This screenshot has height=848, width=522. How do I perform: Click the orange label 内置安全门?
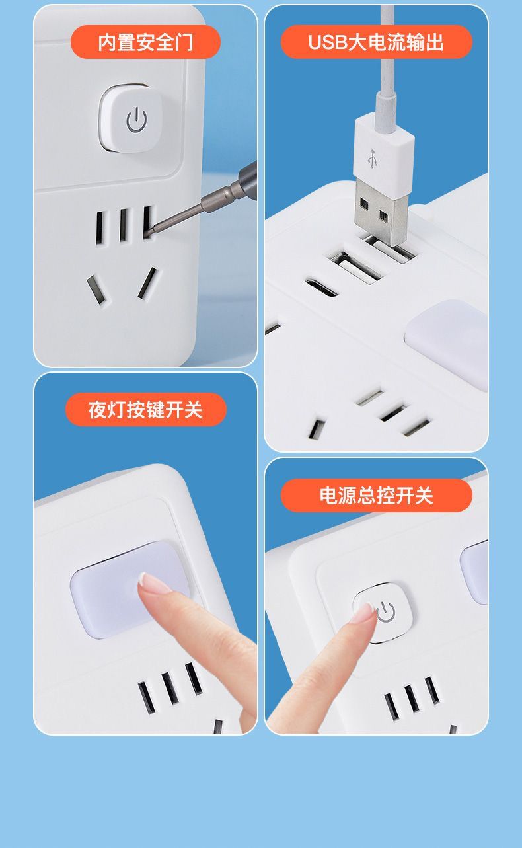coord(145,42)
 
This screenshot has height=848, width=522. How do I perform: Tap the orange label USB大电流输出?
coord(376,42)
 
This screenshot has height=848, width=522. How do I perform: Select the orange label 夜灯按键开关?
coord(146,410)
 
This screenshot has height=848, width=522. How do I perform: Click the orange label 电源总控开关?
coord(376,495)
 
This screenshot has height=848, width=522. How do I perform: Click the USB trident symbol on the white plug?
coord(373,159)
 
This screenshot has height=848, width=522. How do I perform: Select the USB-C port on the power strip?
coord(321,288)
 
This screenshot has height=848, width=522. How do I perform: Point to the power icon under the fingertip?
coord(386,613)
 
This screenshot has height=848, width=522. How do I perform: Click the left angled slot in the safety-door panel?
coord(95,289)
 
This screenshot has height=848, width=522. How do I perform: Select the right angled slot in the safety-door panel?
coord(147,284)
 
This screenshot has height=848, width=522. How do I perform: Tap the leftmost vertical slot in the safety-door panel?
coord(100,228)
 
